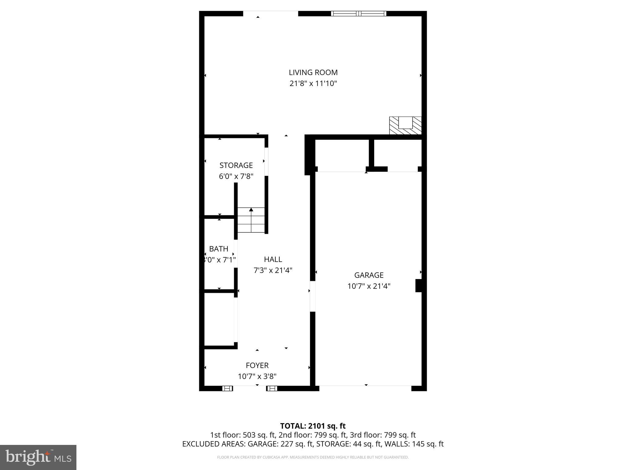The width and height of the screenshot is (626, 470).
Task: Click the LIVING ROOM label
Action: coord(313,73)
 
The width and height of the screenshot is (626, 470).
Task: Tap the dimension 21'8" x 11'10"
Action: coord(313,84)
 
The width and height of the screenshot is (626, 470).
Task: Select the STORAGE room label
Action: coord(236,165)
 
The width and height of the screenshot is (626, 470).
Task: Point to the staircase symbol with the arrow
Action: coord(251,220)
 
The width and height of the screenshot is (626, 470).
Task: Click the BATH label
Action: coord(219,249)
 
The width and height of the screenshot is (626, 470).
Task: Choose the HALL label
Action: coord(273,259)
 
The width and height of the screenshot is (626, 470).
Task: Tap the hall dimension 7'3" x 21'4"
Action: coord(273,270)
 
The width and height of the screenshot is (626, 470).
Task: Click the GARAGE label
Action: coord(369,275)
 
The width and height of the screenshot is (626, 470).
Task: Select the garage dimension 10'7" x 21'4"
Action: coord(369,286)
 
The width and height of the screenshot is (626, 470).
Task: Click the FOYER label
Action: coord(257,365)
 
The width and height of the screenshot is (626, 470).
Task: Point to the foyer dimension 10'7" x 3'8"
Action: coord(257,376)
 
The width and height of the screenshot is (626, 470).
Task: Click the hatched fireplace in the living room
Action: coord(405,126)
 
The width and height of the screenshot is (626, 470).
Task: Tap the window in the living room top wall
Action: coord(359,13)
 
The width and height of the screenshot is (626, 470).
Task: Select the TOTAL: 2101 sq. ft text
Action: coord(313,426)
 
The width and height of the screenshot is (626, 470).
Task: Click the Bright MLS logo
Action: coord(38,457)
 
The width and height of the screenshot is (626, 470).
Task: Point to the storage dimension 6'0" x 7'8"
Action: coord(236,177)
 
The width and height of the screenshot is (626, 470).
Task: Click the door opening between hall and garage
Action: coord(312,296)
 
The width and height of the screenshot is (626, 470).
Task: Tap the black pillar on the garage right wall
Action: coord(418,285)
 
